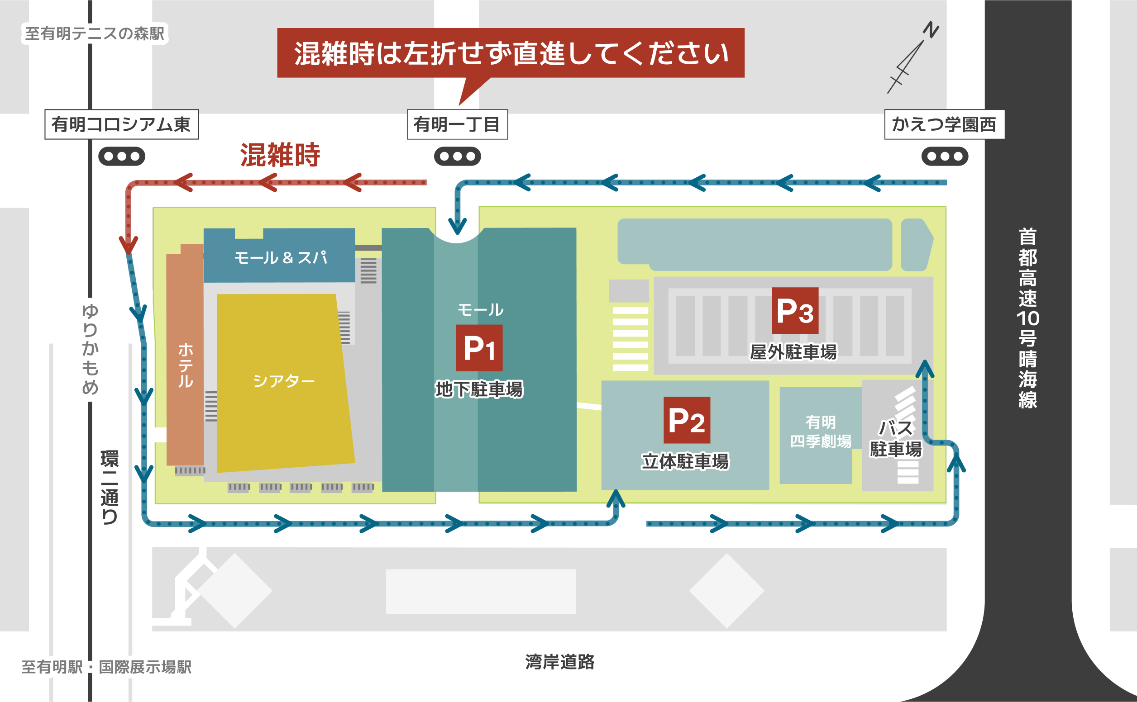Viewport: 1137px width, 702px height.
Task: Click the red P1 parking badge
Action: pos(479,348)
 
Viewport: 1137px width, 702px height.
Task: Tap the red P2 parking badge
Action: pos(687,420)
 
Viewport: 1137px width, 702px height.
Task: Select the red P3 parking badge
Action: pos(795,311)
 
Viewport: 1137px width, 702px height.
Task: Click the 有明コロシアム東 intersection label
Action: pos(122,124)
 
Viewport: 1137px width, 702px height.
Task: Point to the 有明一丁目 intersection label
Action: pos(458,124)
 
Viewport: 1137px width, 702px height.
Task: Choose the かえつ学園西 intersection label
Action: pos(944,124)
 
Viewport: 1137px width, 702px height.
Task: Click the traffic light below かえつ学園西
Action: pos(945,157)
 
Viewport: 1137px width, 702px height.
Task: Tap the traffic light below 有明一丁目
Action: pos(458,157)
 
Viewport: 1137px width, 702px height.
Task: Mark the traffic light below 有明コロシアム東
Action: pos(122,157)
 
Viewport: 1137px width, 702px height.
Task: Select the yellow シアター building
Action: pos(284,383)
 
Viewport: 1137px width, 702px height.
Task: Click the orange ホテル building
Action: pos(185,355)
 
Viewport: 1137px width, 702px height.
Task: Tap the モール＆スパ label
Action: pos(281,258)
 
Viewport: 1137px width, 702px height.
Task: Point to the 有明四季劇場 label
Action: pos(821,432)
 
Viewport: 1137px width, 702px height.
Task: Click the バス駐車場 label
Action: pos(895,438)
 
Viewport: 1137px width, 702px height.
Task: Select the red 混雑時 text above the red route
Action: pos(280,155)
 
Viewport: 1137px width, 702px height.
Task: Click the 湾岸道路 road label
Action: pos(560,662)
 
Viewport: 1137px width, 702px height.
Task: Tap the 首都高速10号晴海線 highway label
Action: pos(1028,318)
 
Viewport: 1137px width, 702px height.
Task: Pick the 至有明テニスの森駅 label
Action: pos(95,33)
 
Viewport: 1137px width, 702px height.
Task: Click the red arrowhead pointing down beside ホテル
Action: pos(128,244)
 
